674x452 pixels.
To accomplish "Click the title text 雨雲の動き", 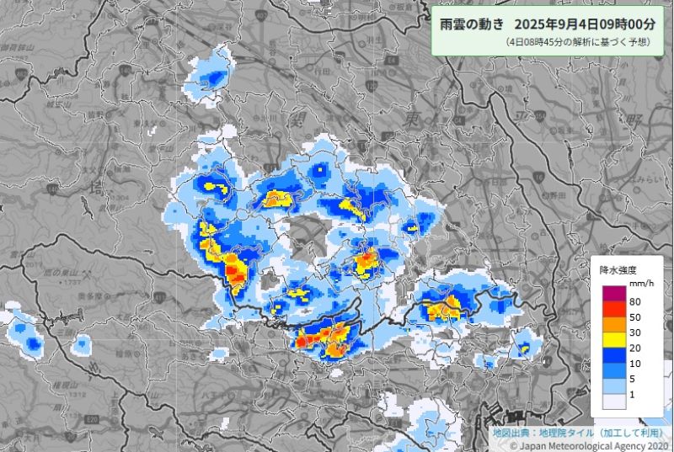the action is [x=472, y=24].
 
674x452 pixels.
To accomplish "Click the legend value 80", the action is [x=634, y=302].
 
